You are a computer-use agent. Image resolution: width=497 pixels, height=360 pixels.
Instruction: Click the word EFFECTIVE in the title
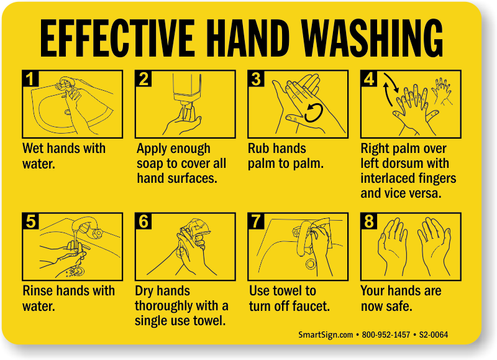pyautogui.click(x=117, y=38)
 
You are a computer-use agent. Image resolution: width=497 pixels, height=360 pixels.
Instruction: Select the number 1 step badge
pyautogui.click(x=30, y=79)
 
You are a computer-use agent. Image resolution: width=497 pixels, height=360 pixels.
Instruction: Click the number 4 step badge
pyautogui.click(x=369, y=79)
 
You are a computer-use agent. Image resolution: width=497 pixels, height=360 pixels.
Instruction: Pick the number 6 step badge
pyautogui.click(x=144, y=221)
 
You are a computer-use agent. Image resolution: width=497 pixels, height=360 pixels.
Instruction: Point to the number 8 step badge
pyautogui.click(x=369, y=221)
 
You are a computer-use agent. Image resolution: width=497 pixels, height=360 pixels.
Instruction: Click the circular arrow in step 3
pyautogui.click(x=314, y=113)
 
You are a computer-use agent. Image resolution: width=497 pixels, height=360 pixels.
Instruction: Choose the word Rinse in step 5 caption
pyautogui.click(x=35, y=291)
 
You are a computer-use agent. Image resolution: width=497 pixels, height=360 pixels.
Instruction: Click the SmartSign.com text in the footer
pyautogui.click(x=326, y=335)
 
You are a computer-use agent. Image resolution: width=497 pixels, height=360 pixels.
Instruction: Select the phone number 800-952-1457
pyautogui.click(x=386, y=335)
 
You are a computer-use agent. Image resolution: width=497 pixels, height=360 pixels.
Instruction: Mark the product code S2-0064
pyautogui.click(x=433, y=335)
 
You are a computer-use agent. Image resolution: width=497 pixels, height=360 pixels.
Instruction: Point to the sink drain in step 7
pyautogui.click(x=311, y=264)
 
